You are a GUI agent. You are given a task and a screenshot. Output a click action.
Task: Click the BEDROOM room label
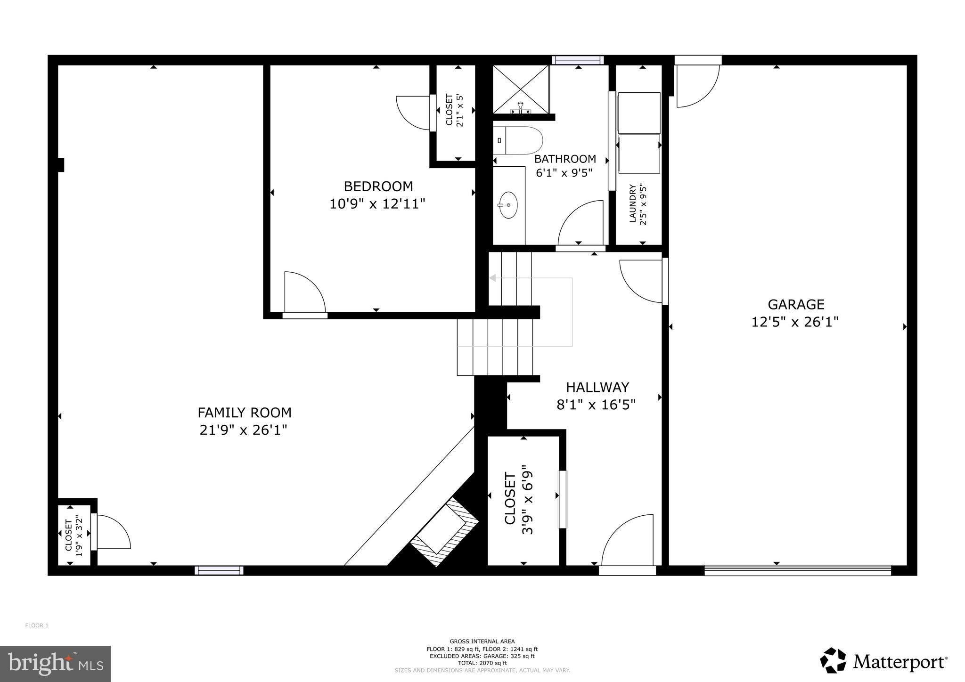coord(378,187)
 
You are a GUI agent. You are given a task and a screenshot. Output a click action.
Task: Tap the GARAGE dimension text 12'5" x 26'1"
coord(795,323)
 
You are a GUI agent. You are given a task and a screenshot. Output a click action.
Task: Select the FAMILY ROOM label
coord(244,413)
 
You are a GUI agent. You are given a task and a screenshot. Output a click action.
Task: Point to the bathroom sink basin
coord(508,205)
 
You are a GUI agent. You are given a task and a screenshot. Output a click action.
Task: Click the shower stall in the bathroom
coord(521,89)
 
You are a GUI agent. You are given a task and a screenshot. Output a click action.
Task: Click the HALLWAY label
coord(597,387)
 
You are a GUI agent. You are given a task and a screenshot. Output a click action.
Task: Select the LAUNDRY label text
coord(633,203)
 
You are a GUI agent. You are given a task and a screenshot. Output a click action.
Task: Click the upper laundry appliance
coord(638,113)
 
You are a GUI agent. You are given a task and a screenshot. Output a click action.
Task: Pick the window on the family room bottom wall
coord(219,570)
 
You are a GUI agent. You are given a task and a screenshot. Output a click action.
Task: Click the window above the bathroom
coord(578,60)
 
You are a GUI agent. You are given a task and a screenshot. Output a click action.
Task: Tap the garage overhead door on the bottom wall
coord(797,570)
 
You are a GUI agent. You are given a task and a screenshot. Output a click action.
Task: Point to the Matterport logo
coord(883,662)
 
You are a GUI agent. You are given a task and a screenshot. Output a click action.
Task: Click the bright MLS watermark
coord(55,664)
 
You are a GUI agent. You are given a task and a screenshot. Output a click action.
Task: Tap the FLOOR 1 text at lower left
coord(37,625)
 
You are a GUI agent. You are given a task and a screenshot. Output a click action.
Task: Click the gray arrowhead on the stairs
coord(492,278)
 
